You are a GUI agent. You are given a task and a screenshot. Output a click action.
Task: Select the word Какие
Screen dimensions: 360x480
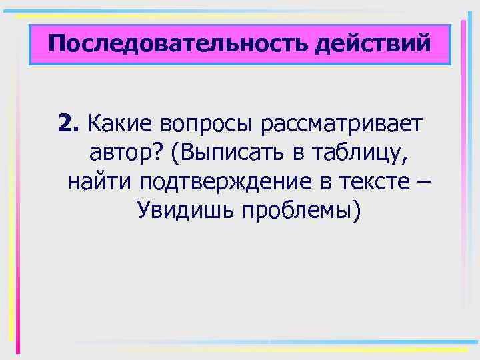click(x=118, y=123)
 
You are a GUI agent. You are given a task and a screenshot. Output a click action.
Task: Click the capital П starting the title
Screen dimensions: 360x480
click(x=55, y=45)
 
